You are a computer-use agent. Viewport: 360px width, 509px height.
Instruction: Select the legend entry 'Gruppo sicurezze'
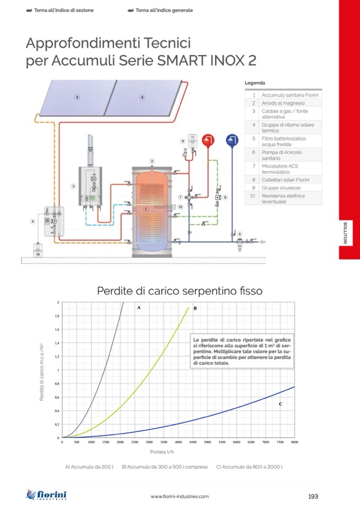coord(273,188)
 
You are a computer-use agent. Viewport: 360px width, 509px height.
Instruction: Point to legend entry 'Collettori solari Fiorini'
coord(285,180)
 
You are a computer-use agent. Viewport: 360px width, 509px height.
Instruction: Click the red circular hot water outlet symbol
coord(209,140)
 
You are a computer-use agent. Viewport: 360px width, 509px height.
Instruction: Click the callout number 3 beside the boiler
coord(73,186)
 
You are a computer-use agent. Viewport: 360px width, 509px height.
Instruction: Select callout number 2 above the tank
coord(152,161)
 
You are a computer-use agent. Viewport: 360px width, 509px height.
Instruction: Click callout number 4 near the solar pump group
coord(33,221)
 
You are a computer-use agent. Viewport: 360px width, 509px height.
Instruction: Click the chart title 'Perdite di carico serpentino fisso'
coord(179,291)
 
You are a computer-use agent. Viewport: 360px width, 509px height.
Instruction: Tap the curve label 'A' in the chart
coord(139,308)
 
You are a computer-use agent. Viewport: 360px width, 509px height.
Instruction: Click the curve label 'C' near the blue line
coord(280,404)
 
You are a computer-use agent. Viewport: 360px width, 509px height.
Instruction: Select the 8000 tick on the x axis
coord(294,442)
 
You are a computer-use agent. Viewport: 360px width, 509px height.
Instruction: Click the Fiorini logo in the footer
coord(47,495)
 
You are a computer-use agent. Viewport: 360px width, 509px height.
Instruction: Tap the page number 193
coord(313,496)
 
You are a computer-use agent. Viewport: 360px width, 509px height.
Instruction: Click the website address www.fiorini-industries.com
coord(179,496)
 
